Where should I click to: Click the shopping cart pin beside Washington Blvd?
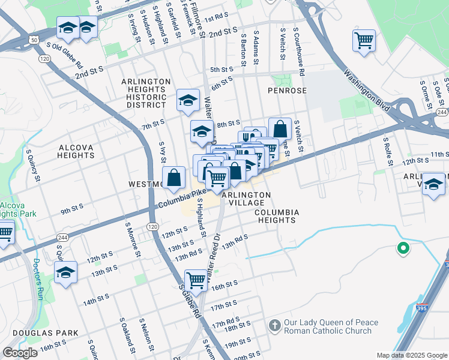click(x=364, y=41)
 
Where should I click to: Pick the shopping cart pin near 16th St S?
click(x=196, y=279)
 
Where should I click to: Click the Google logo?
click(x=20, y=353)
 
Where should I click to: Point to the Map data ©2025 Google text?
click(x=411, y=355)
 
